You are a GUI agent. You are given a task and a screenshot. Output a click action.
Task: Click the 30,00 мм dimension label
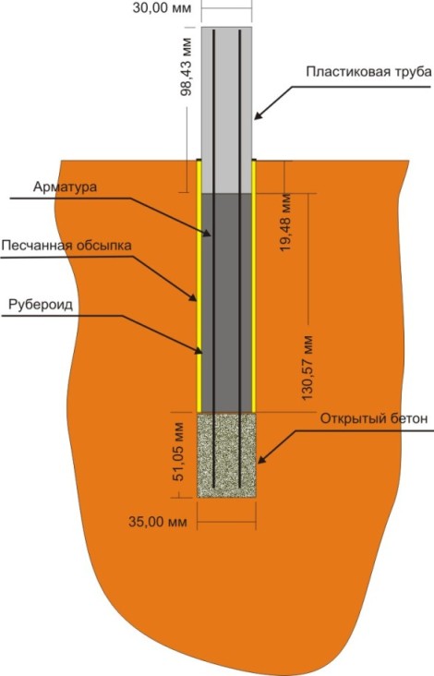tap(162, 7)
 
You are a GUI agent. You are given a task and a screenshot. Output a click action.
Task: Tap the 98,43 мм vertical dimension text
tap(186, 66)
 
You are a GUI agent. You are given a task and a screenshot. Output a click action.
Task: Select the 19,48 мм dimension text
tap(285, 223)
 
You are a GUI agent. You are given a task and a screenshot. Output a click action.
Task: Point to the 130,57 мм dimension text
tap(307, 368)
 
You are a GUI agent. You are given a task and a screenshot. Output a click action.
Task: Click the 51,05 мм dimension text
tap(178, 452)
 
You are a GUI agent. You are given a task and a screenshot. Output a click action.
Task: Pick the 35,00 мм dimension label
tap(158, 522)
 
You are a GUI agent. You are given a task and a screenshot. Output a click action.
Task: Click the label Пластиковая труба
tap(368, 71)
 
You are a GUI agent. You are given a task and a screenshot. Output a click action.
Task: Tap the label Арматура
tap(65, 187)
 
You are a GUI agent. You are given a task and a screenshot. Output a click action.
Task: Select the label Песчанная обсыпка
tap(66, 246)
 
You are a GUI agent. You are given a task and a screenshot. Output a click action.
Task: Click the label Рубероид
tap(41, 305)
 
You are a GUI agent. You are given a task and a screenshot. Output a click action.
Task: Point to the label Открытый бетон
tap(374, 418)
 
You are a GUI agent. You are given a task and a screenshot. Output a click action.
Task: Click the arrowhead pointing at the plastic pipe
tap(259, 115)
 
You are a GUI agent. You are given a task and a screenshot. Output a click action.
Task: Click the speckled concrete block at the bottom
tap(227, 455)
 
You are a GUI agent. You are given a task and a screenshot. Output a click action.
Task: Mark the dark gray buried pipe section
tap(227, 303)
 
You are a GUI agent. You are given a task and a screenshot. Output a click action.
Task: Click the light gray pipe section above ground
tap(227, 110)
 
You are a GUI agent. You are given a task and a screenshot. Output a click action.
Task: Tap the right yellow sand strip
tap(254, 286)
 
